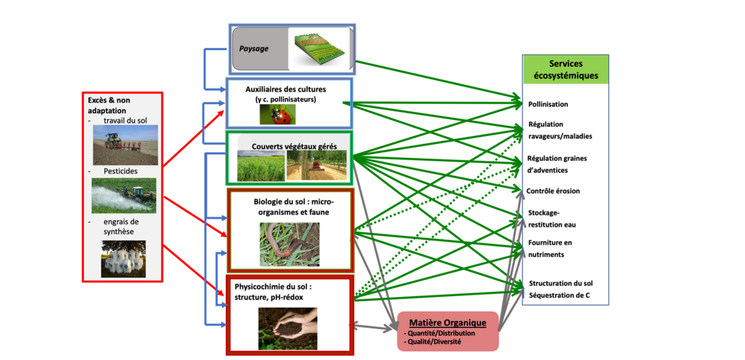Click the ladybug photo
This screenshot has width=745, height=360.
click(278, 114)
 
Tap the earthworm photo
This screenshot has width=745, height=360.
click(289, 244)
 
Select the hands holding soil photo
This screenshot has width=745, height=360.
click(287, 328)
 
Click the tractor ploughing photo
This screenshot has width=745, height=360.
click(125, 145)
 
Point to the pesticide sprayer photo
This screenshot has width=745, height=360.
click(124, 195)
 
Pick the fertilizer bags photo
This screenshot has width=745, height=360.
click(124, 258)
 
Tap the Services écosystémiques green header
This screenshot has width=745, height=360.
click(565, 70)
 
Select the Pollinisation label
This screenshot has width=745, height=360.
click(548, 104)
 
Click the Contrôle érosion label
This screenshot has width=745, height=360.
click(553, 191)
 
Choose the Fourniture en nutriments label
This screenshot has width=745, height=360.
click(550, 248)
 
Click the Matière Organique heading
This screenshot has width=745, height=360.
click(448, 323)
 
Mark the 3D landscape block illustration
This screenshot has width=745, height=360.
click(320, 47)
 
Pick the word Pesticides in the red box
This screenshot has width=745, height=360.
click(120, 171)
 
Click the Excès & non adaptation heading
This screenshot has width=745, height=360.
click(109, 105)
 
